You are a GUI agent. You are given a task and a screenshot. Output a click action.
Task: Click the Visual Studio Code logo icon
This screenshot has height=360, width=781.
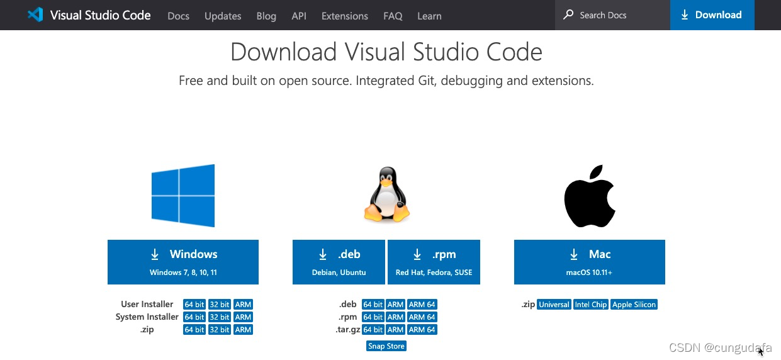point(35,15)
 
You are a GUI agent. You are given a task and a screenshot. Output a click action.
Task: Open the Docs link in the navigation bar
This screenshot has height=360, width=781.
point(178,16)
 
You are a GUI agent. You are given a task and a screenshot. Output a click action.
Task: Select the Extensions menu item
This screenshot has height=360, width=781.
point(344,16)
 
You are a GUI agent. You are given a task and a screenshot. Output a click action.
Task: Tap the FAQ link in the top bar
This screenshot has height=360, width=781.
point(393,16)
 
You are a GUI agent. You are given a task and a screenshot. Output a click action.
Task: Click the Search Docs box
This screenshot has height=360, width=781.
point(612,15)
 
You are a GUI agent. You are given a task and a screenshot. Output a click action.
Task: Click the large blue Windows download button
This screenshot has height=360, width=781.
point(183,262)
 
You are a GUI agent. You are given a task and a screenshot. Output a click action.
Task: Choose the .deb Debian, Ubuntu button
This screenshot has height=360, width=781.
point(339,262)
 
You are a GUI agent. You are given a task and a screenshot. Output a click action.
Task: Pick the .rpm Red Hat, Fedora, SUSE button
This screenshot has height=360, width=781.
point(434,262)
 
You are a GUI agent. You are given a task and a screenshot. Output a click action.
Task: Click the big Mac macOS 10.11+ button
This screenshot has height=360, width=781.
point(589,262)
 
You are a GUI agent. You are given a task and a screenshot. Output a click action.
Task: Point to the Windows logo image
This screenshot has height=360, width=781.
point(183,195)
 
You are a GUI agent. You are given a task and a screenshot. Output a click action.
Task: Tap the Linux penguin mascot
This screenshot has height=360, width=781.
point(386,195)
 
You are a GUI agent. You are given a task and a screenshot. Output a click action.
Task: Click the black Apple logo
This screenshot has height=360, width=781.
point(589,196)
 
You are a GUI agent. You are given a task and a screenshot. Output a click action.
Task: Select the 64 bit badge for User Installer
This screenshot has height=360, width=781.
point(194,305)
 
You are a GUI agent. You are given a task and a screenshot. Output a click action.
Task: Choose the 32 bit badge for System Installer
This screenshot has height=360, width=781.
point(220,317)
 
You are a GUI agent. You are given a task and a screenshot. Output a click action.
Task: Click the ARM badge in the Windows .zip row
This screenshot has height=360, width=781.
point(243,330)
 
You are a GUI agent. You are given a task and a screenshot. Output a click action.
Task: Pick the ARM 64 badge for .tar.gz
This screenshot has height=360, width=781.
point(422,330)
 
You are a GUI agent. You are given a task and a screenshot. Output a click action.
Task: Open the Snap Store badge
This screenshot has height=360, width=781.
point(386,346)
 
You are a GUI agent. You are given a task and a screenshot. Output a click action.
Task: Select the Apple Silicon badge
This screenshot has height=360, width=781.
point(634,305)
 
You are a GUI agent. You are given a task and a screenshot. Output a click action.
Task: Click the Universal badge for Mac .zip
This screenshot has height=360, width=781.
point(554,305)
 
